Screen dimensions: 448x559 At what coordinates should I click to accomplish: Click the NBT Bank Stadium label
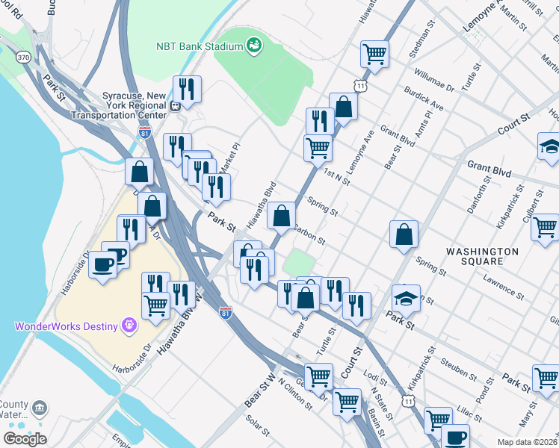[x=200, y=46]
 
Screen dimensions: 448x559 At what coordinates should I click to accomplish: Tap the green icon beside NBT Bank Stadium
[x=253, y=46]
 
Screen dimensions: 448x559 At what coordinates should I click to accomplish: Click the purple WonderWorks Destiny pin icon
[x=130, y=326]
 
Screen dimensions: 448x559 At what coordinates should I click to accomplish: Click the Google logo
[x=25, y=439]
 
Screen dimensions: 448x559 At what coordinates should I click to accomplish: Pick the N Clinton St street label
[x=294, y=393]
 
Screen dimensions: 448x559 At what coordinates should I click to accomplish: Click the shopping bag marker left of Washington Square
[x=404, y=234]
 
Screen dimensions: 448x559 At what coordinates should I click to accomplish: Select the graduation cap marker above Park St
[x=406, y=298]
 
